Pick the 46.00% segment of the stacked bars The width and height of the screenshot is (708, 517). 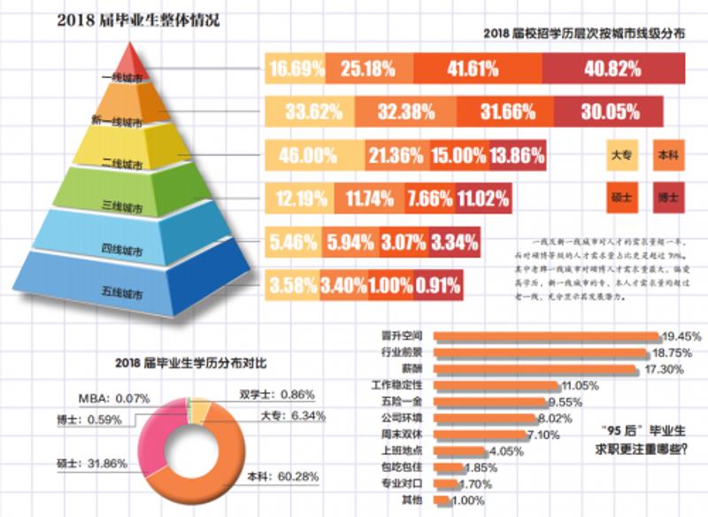pyautogui.click(x=309, y=156)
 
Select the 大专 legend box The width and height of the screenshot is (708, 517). pyautogui.click(x=622, y=156)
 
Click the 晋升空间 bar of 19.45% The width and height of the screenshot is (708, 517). pyautogui.click(x=549, y=337)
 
